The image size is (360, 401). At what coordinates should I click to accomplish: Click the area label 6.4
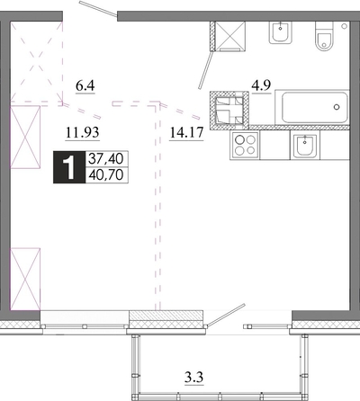pos(85,86)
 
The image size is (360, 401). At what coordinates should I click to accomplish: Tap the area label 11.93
pos(83,132)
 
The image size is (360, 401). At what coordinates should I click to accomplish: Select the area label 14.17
pos(186,132)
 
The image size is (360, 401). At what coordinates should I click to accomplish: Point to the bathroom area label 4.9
pos(261,85)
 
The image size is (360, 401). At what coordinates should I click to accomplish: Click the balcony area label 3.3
pos(193,377)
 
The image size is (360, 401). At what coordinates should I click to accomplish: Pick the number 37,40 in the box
pos(106,158)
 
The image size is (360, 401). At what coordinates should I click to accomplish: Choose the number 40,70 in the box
pos(106,174)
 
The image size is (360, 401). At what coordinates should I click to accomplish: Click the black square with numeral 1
pos(69,167)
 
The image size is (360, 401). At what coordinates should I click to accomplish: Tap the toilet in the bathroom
pos(324,36)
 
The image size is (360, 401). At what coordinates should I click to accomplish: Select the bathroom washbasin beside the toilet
pos(281,32)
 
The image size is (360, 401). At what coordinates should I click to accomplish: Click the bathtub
pos(312,107)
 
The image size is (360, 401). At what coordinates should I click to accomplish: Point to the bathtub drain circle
pos(337,107)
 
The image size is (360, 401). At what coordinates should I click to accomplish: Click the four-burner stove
pos(245,145)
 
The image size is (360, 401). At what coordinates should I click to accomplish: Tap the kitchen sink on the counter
pos(305,145)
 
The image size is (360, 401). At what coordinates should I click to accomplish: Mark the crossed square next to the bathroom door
pos(230,36)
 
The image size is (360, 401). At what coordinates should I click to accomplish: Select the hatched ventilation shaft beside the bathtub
pos(229,111)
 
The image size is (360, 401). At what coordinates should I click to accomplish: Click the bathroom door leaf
pos(206,70)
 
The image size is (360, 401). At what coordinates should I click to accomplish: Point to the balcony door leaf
pos(226,315)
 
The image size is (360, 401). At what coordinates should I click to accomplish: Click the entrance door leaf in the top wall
pos(98,8)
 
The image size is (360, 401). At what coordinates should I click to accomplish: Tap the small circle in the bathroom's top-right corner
pos(344,26)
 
